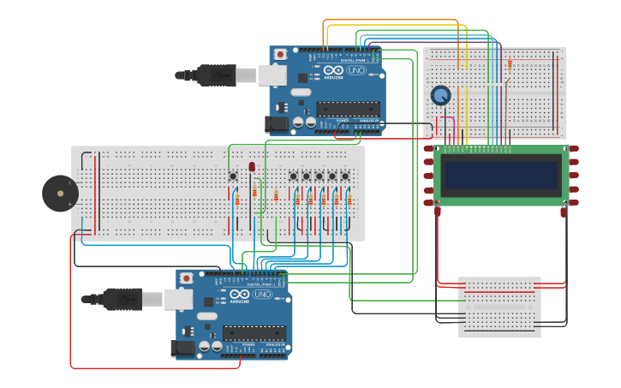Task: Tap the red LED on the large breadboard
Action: [252, 167]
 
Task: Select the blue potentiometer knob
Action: [440, 96]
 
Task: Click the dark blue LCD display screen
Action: [501, 175]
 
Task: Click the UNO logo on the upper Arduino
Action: [355, 70]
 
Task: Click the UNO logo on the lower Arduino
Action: [262, 294]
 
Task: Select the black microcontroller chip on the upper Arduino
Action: [348, 109]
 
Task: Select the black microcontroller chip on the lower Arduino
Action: [254, 332]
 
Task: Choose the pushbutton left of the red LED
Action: [233, 176]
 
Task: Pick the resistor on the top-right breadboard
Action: [510, 65]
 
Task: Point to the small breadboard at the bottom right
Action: [499, 307]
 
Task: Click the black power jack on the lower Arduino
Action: [182, 348]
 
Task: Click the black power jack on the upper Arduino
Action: [276, 124]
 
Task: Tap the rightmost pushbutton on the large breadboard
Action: [345, 176]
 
